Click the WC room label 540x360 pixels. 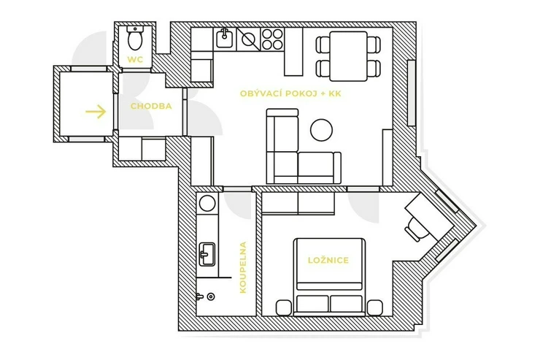(135, 59)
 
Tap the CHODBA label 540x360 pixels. (151, 106)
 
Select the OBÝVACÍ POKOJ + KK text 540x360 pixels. (290, 93)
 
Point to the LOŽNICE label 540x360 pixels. (328, 260)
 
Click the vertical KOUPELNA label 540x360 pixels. (243, 267)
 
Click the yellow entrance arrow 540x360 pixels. (96, 112)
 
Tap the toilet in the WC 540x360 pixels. (135, 37)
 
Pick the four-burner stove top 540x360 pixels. (272, 39)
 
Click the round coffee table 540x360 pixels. (321, 130)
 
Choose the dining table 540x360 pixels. (349, 56)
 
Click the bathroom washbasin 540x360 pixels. (207, 254)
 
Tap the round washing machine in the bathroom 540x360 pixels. (207, 203)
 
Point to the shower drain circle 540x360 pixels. (210, 296)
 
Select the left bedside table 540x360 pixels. (284, 308)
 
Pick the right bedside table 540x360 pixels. (374, 308)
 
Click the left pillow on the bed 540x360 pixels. (312, 304)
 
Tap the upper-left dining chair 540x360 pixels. (323, 45)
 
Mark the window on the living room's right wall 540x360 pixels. (411, 93)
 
